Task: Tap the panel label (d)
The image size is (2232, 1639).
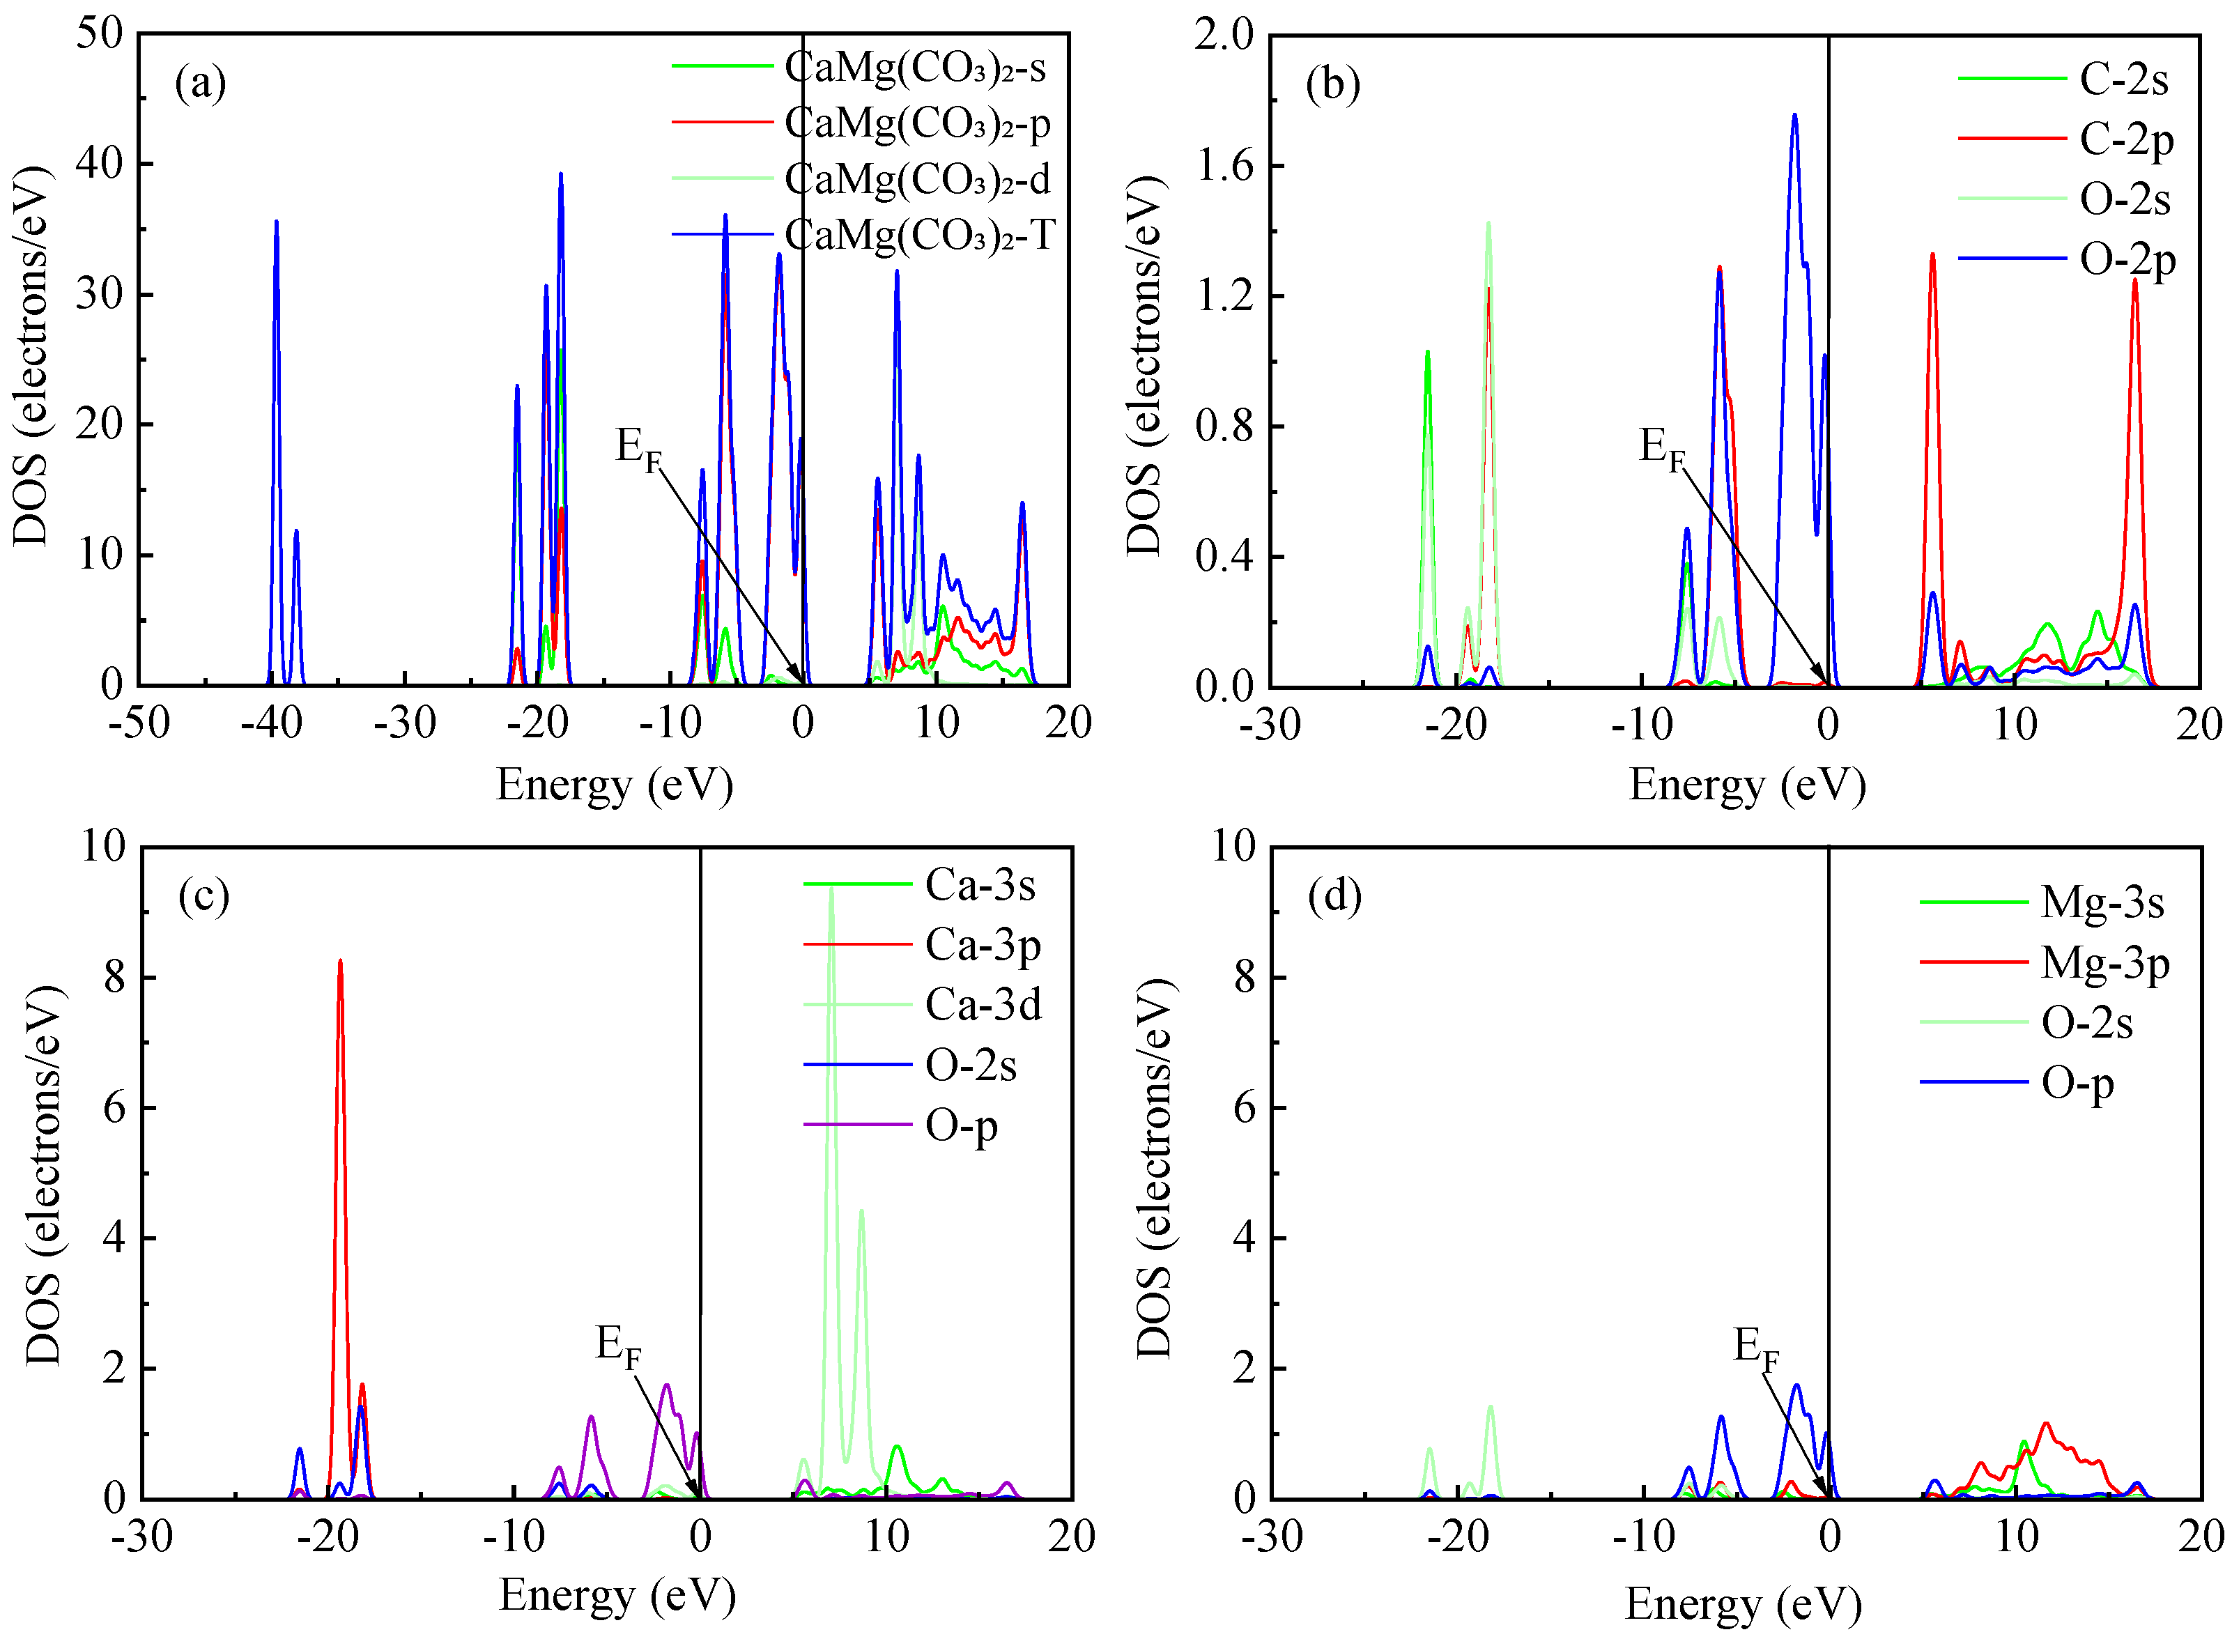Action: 1334,896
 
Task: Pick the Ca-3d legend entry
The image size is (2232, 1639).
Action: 982,1005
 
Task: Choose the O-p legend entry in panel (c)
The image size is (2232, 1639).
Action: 960,1126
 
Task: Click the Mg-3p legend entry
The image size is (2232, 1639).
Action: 2104,962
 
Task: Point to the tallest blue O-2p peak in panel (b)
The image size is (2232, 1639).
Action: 1794,116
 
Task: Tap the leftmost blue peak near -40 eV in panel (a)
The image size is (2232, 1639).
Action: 276,222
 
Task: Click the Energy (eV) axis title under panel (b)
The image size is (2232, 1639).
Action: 1747,785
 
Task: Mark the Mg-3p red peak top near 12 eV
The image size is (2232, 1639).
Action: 2045,1424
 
